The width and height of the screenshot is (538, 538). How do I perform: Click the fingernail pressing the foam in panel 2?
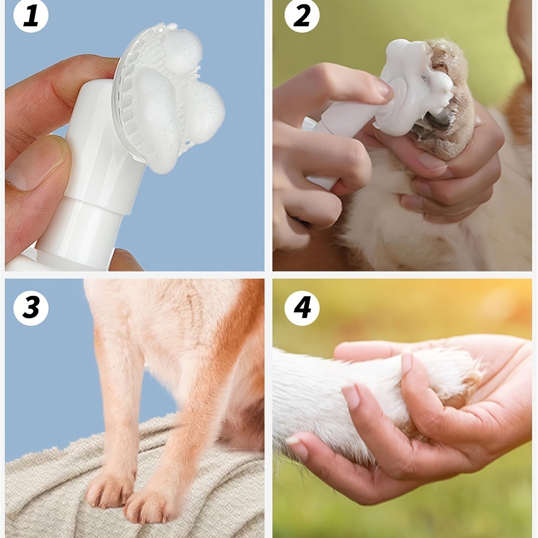381,87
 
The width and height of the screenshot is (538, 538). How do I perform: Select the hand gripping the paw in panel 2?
447,156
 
